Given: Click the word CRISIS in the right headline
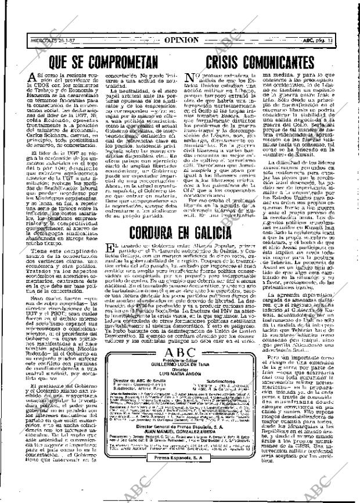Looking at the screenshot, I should (x=225, y=60).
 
